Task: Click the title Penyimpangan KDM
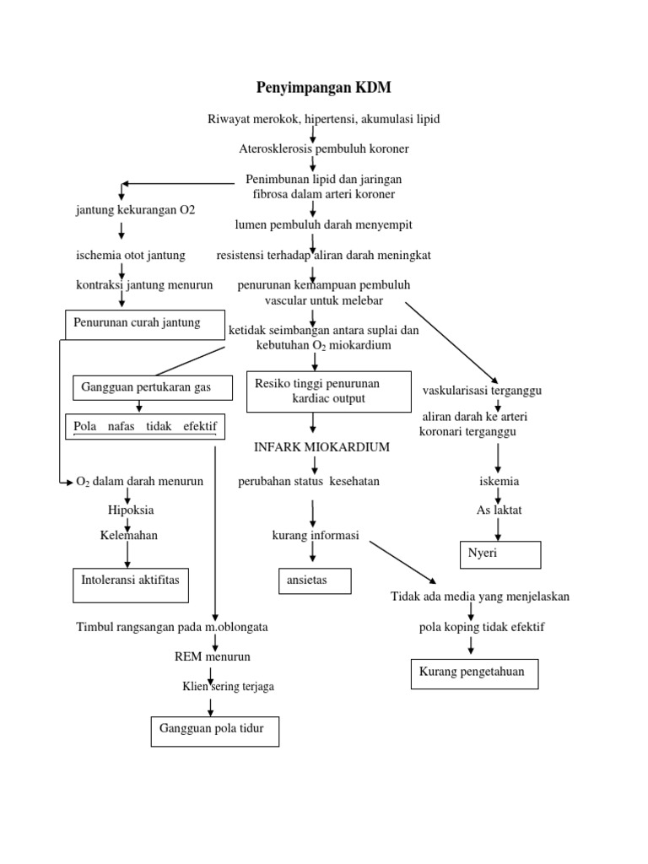coord(324,88)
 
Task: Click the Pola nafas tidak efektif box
coord(145,427)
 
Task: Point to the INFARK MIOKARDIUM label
coord(321,447)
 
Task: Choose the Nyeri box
coord(499,554)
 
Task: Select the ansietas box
coord(314,581)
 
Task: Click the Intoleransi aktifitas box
coord(131,586)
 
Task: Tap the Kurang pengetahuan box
coord(473,673)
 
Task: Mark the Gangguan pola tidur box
coord(214,730)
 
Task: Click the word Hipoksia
coord(131,510)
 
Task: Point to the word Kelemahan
coord(129,535)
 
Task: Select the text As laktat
coord(499,510)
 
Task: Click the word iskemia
coord(499,482)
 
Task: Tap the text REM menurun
coord(212,656)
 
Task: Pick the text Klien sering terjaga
coord(228,687)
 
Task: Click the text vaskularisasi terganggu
coord(482,391)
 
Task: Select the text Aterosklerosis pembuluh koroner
coord(323,148)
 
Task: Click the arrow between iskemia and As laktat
coord(499,496)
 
